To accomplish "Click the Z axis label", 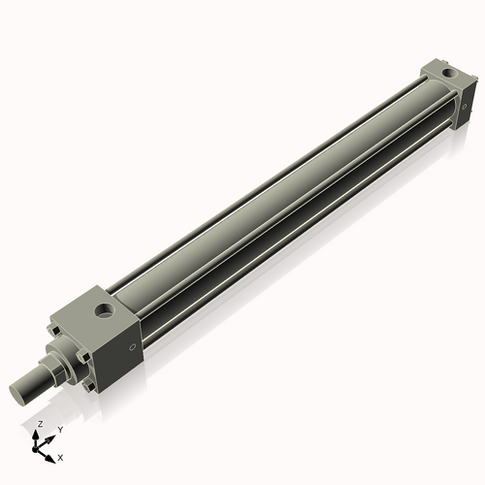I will (x=39, y=425).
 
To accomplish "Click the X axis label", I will (x=61, y=456).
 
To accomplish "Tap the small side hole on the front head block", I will (x=133, y=346).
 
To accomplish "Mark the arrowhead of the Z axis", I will (x=40, y=433).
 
